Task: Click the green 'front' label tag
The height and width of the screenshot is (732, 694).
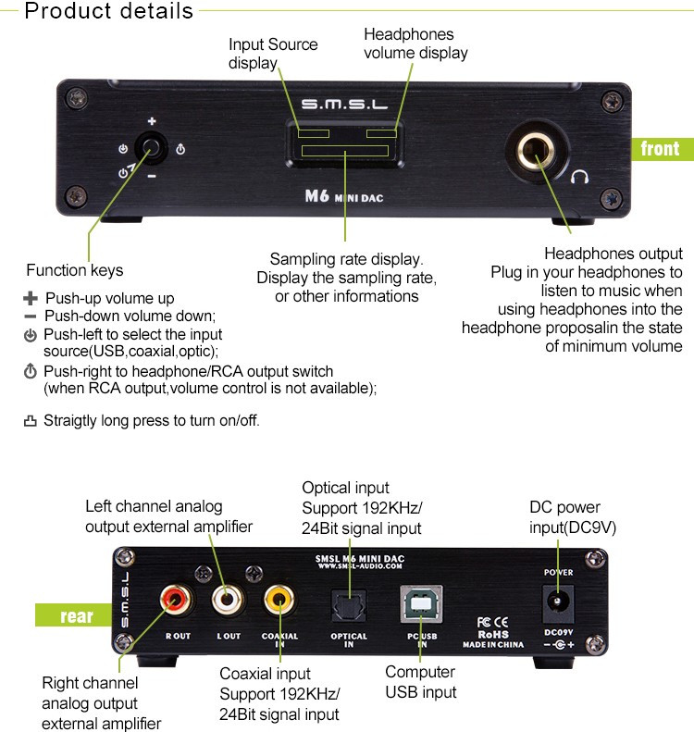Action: pyautogui.click(x=659, y=148)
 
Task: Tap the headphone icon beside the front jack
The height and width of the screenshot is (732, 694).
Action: pyautogui.click(x=581, y=175)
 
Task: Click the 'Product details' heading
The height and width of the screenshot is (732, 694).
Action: pyautogui.click(x=108, y=12)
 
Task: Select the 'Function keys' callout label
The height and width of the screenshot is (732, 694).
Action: pyautogui.click(x=74, y=270)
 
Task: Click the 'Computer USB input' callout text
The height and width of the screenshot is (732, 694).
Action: pyautogui.click(x=420, y=682)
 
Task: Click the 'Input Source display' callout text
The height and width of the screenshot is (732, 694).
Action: pyautogui.click(x=272, y=54)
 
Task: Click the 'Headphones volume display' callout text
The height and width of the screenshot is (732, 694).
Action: pyautogui.click(x=415, y=43)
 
